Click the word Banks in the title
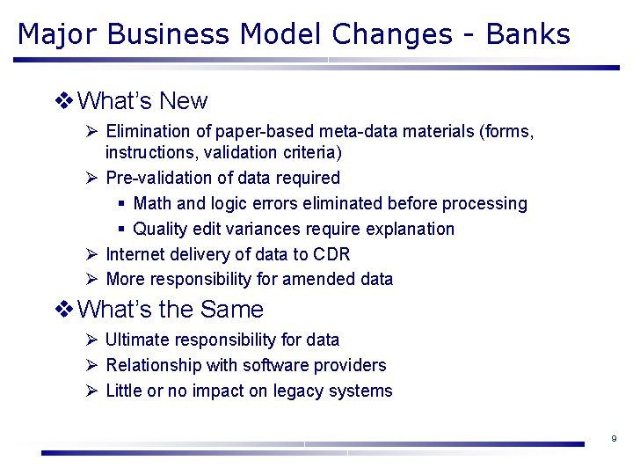pyautogui.click(x=527, y=34)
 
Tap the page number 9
pyautogui.click(x=614, y=438)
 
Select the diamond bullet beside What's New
pyautogui.click(x=64, y=101)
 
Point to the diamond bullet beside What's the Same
pyautogui.click(x=64, y=310)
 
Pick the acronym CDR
pyautogui.click(x=331, y=254)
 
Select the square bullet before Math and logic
pyautogui.click(x=121, y=204)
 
